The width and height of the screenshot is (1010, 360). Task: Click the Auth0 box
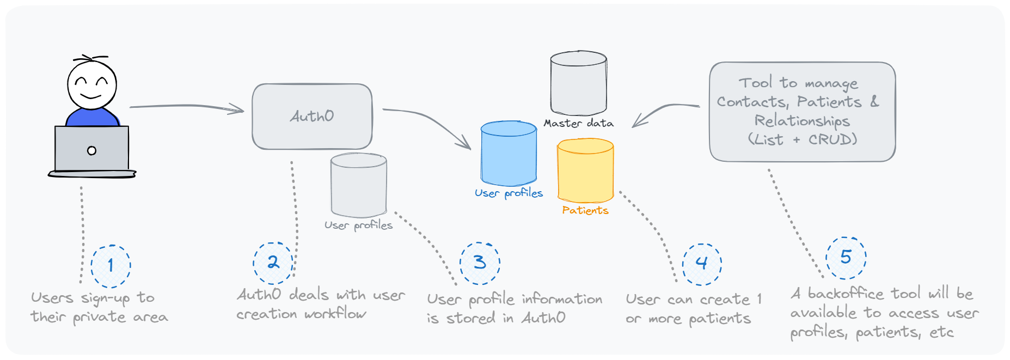(312, 116)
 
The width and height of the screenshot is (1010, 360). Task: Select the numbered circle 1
(111, 266)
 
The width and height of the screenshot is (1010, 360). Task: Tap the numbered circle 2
(273, 263)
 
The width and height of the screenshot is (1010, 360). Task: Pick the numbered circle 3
(480, 263)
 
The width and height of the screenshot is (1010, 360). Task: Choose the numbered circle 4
(702, 264)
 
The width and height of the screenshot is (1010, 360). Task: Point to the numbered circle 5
(846, 257)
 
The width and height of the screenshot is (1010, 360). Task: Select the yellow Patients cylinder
(585, 170)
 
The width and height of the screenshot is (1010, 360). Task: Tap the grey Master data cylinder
(578, 83)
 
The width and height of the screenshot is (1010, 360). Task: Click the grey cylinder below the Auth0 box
(359, 185)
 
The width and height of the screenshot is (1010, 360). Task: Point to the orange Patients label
(585, 210)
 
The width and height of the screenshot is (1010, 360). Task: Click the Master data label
(578, 124)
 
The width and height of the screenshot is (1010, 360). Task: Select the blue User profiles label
(509, 193)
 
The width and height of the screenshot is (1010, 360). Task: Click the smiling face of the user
(91, 84)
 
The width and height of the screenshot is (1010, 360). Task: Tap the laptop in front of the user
(91, 150)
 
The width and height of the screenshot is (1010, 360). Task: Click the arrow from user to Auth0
(185, 107)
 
